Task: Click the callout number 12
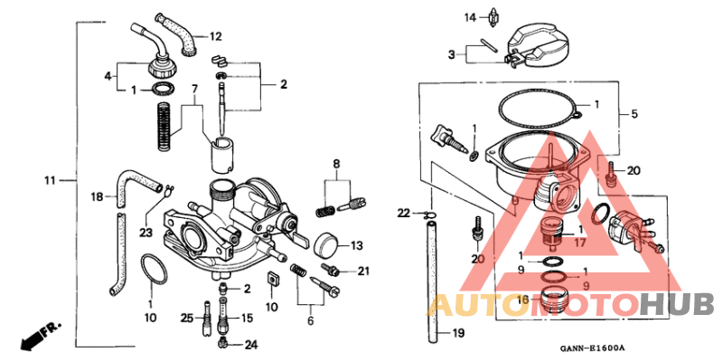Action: [215, 37]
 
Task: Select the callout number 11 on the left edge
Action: [52, 181]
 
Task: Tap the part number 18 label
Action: [97, 195]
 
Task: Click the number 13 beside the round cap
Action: [356, 244]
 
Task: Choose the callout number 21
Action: [363, 271]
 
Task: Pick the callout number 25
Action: [186, 318]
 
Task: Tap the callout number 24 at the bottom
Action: [250, 344]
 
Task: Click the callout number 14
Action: [470, 17]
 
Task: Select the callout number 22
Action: [403, 213]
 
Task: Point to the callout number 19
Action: [457, 334]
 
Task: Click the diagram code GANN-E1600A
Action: [592, 348]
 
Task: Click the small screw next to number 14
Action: [495, 17]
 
